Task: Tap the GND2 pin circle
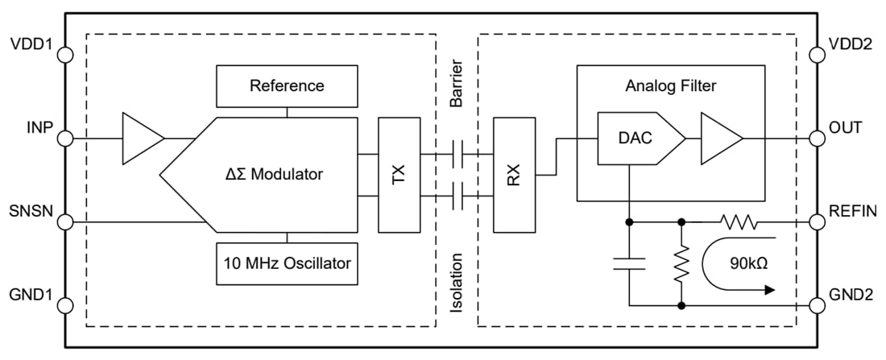817,305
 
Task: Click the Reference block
287,85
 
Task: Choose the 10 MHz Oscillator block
287,263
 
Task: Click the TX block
399,173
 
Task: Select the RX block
514,173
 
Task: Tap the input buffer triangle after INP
141,139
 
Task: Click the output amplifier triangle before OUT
719,139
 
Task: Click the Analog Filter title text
670,85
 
